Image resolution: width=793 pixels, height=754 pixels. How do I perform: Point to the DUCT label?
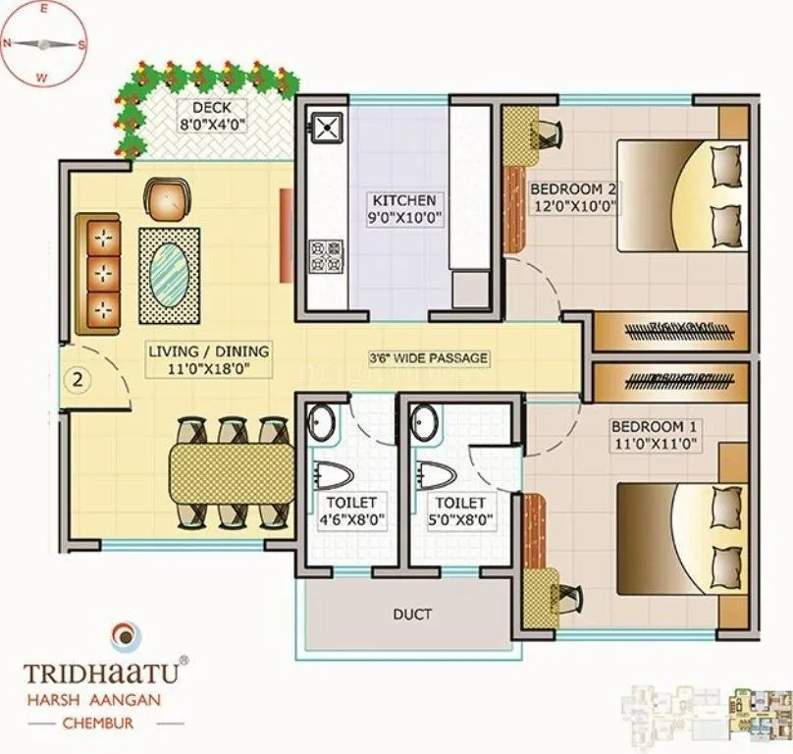[413, 615]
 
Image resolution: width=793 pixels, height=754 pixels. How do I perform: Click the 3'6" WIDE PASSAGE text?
[429, 358]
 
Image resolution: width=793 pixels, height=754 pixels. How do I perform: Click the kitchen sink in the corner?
[325, 127]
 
